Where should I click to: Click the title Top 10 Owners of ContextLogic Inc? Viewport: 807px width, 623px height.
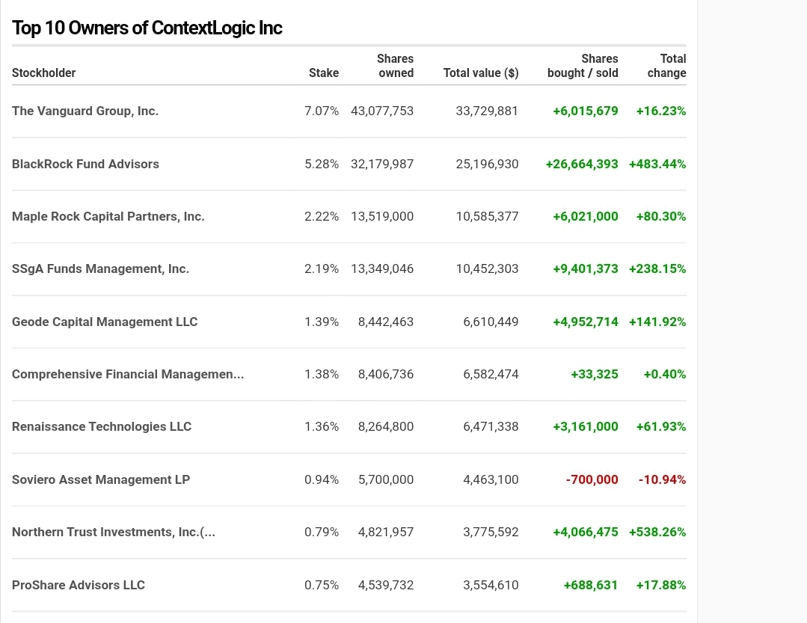(x=147, y=28)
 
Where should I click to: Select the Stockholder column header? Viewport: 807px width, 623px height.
(x=44, y=73)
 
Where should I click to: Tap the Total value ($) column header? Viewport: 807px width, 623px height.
(x=480, y=73)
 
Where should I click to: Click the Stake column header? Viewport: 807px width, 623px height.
(x=323, y=73)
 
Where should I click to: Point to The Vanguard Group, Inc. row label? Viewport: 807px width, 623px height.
(x=85, y=111)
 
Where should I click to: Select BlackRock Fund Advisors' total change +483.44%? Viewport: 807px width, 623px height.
(x=657, y=164)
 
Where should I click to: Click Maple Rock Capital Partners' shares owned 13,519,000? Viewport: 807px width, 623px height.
(x=381, y=216)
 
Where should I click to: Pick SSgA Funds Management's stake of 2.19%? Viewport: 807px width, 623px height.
(x=321, y=268)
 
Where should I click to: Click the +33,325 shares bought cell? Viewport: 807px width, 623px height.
(x=594, y=374)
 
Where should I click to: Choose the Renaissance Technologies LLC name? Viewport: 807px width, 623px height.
(x=102, y=426)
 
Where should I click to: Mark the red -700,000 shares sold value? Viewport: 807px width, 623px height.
(x=592, y=479)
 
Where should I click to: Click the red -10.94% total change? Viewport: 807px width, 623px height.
(x=662, y=479)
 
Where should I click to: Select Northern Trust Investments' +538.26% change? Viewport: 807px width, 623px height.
(x=657, y=532)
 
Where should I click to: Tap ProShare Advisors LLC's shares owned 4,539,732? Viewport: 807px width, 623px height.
(x=385, y=585)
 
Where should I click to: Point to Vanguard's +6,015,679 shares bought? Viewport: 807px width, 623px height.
(x=585, y=111)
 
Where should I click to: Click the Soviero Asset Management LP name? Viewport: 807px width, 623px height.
(x=101, y=479)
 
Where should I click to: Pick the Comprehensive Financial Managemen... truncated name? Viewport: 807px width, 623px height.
(x=128, y=374)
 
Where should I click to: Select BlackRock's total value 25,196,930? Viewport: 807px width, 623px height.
(x=487, y=164)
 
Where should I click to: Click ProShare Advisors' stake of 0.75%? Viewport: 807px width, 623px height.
(x=321, y=585)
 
